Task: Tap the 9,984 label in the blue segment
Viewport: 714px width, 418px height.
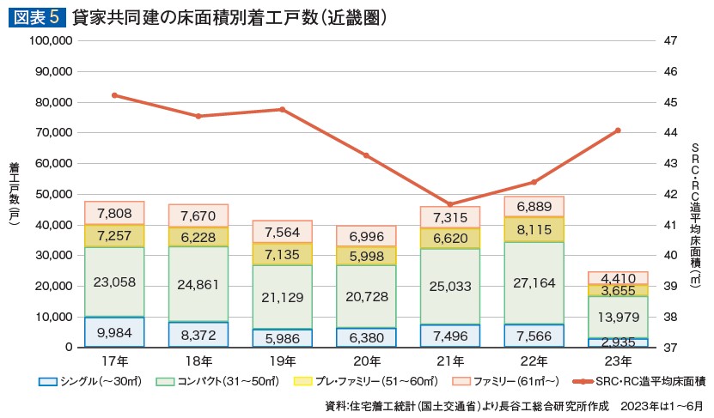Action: (x=114, y=332)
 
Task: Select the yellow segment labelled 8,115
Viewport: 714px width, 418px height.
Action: (x=534, y=230)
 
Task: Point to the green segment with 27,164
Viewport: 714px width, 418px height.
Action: (x=534, y=282)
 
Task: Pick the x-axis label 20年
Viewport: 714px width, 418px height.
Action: (x=366, y=361)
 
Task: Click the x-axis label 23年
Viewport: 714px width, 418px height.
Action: (x=618, y=361)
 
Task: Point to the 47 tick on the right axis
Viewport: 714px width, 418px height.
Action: (x=672, y=40)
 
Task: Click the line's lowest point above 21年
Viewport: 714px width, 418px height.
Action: (x=450, y=204)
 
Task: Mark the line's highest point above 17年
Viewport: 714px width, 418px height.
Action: (x=114, y=95)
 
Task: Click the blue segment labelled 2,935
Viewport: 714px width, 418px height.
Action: (x=618, y=342)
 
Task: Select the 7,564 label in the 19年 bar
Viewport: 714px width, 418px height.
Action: (x=282, y=233)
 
